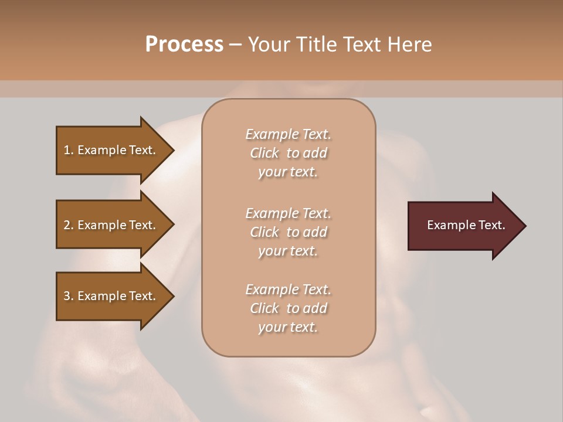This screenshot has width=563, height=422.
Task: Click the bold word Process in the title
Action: click(x=184, y=45)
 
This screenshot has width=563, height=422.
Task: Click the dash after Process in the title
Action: click(x=235, y=45)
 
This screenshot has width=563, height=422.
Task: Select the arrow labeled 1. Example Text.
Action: click(x=111, y=150)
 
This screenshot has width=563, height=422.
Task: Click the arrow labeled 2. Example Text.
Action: click(x=111, y=225)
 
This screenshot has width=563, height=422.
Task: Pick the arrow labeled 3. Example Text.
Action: click(x=111, y=296)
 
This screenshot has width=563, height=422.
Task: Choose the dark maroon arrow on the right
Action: click(x=463, y=226)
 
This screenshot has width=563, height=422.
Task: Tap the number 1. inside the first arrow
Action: click(x=69, y=150)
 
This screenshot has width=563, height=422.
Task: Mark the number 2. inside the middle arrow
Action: click(x=69, y=225)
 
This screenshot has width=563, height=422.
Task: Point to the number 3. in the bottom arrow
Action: click(x=69, y=296)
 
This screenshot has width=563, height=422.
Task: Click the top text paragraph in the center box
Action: click(x=288, y=153)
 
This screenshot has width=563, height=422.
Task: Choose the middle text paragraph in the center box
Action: click(x=288, y=232)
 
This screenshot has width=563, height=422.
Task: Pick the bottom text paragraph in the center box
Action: click(x=288, y=308)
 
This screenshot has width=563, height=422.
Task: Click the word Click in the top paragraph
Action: click(x=264, y=153)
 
